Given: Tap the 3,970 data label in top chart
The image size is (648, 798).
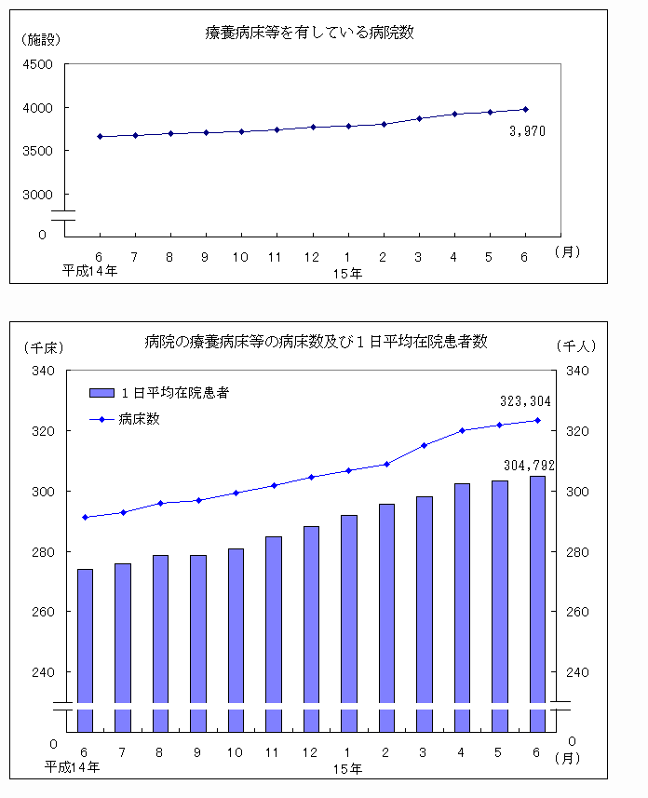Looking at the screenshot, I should point(527,131).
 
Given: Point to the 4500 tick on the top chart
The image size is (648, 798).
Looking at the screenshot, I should point(38,64).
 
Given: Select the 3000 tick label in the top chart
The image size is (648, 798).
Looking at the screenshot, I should point(38,195).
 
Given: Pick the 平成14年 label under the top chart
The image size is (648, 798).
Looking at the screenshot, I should point(90,271).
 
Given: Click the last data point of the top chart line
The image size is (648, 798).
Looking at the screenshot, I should point(525,109).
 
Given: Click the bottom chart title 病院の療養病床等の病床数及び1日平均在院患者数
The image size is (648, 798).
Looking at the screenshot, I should point(316,342).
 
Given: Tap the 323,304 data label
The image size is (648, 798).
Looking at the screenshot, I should point(525,401).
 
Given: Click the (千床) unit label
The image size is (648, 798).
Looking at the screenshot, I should point(42,346).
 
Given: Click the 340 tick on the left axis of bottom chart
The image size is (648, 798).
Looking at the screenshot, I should point(44,371).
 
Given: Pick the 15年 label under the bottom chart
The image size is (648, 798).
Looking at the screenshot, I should point(348,768).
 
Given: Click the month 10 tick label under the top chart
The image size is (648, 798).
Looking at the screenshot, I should point(240,256).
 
